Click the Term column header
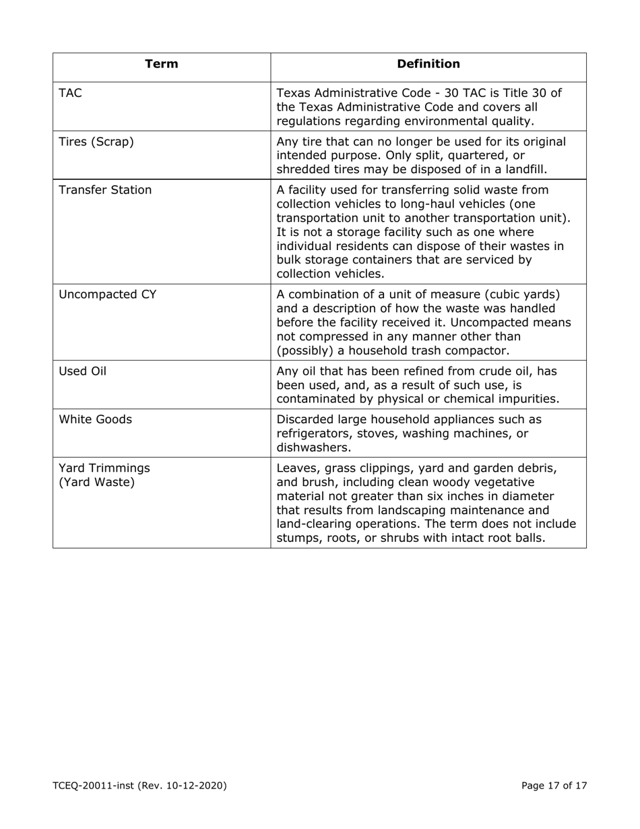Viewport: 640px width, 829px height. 162,64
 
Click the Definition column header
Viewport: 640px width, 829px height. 428,64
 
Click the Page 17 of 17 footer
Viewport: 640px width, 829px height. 554,785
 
